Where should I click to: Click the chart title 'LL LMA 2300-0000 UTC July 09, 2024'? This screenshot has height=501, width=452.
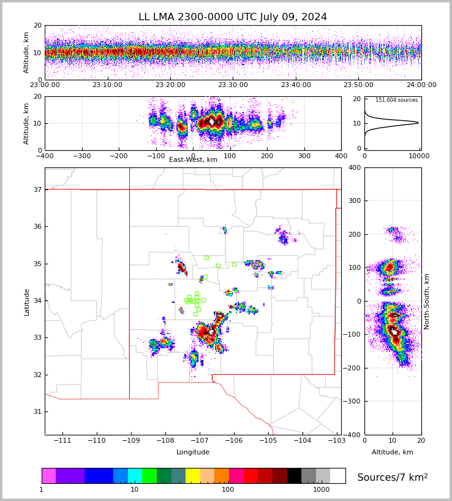coord(233,17)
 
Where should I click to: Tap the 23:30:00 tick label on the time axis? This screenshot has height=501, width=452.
coord(233,85)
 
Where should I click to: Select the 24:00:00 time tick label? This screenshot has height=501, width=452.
coord(421,85)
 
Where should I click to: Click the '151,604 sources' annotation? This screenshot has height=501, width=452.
coord(396,100)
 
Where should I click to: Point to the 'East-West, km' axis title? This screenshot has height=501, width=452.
coord(193,160)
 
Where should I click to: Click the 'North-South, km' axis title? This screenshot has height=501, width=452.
coord(427,301)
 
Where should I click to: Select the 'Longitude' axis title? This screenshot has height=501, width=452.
coord(193,452)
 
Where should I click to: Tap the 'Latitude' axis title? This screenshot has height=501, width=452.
coord(27,302)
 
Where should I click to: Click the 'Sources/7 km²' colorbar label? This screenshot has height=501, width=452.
coord(392,477)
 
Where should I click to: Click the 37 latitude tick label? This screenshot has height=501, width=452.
coord(37,189)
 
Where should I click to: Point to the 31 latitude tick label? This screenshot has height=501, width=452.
coord(37,411)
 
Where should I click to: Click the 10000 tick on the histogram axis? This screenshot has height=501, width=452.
coord(420,156)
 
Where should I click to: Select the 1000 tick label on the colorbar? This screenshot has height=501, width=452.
coord(321,489)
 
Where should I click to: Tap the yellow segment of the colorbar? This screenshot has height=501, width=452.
coord(193,476)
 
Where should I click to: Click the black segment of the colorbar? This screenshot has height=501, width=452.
coord(294,476)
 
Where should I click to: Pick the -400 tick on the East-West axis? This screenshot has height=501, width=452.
coord(45,156)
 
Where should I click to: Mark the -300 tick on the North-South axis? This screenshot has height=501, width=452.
coord(371,401)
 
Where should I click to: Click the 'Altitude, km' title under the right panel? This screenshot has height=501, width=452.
coord(392,452)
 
